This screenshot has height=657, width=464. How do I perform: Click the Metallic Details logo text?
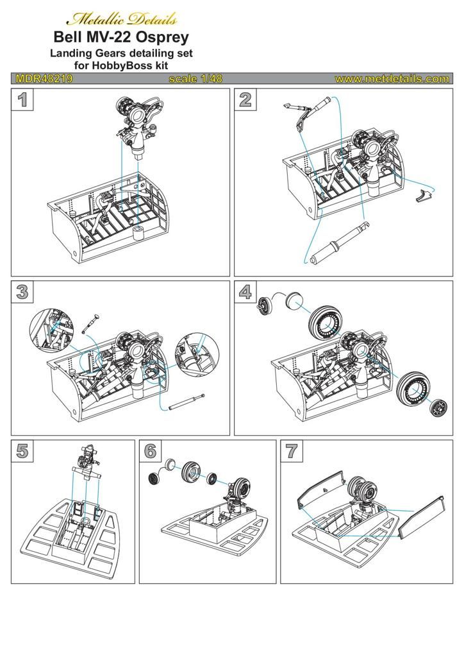122,17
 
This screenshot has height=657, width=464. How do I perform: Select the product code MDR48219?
44,79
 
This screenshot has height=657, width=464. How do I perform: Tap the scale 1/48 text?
195,79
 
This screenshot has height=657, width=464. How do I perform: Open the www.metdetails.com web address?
391,79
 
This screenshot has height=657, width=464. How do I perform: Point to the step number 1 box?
22,99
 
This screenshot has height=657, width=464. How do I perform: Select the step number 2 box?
245,99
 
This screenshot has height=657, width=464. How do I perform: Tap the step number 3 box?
22,292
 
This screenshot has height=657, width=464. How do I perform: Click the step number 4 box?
245,292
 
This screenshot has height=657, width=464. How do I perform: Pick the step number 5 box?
22,450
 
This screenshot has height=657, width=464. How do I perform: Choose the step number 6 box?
151,450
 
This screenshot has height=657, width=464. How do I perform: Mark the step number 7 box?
292,450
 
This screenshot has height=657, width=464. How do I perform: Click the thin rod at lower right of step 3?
186,402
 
